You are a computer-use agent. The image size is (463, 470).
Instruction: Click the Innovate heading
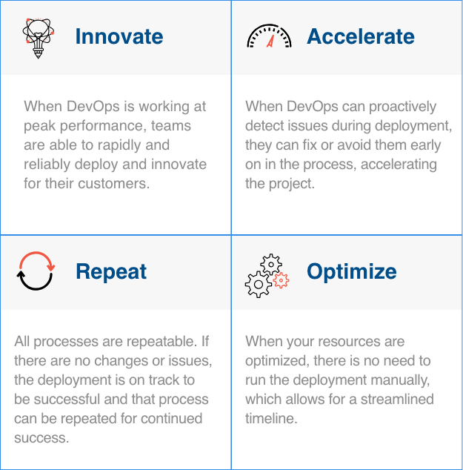point(119,36)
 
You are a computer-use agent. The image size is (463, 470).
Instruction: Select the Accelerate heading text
point(361,36)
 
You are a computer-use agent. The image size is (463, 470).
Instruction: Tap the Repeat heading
point(111,271)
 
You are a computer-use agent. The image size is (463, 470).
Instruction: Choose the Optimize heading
point(351,271)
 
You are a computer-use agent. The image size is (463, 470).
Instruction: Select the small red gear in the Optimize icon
point(281,280)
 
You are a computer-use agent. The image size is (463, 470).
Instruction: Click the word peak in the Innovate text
point(39,125)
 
